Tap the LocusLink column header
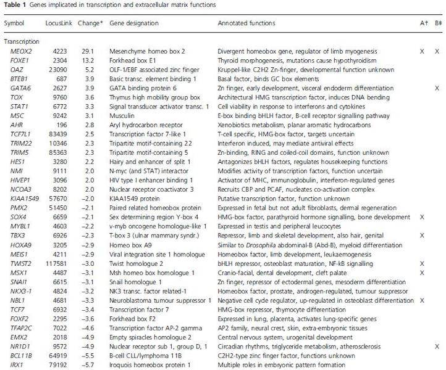[57, 24]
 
